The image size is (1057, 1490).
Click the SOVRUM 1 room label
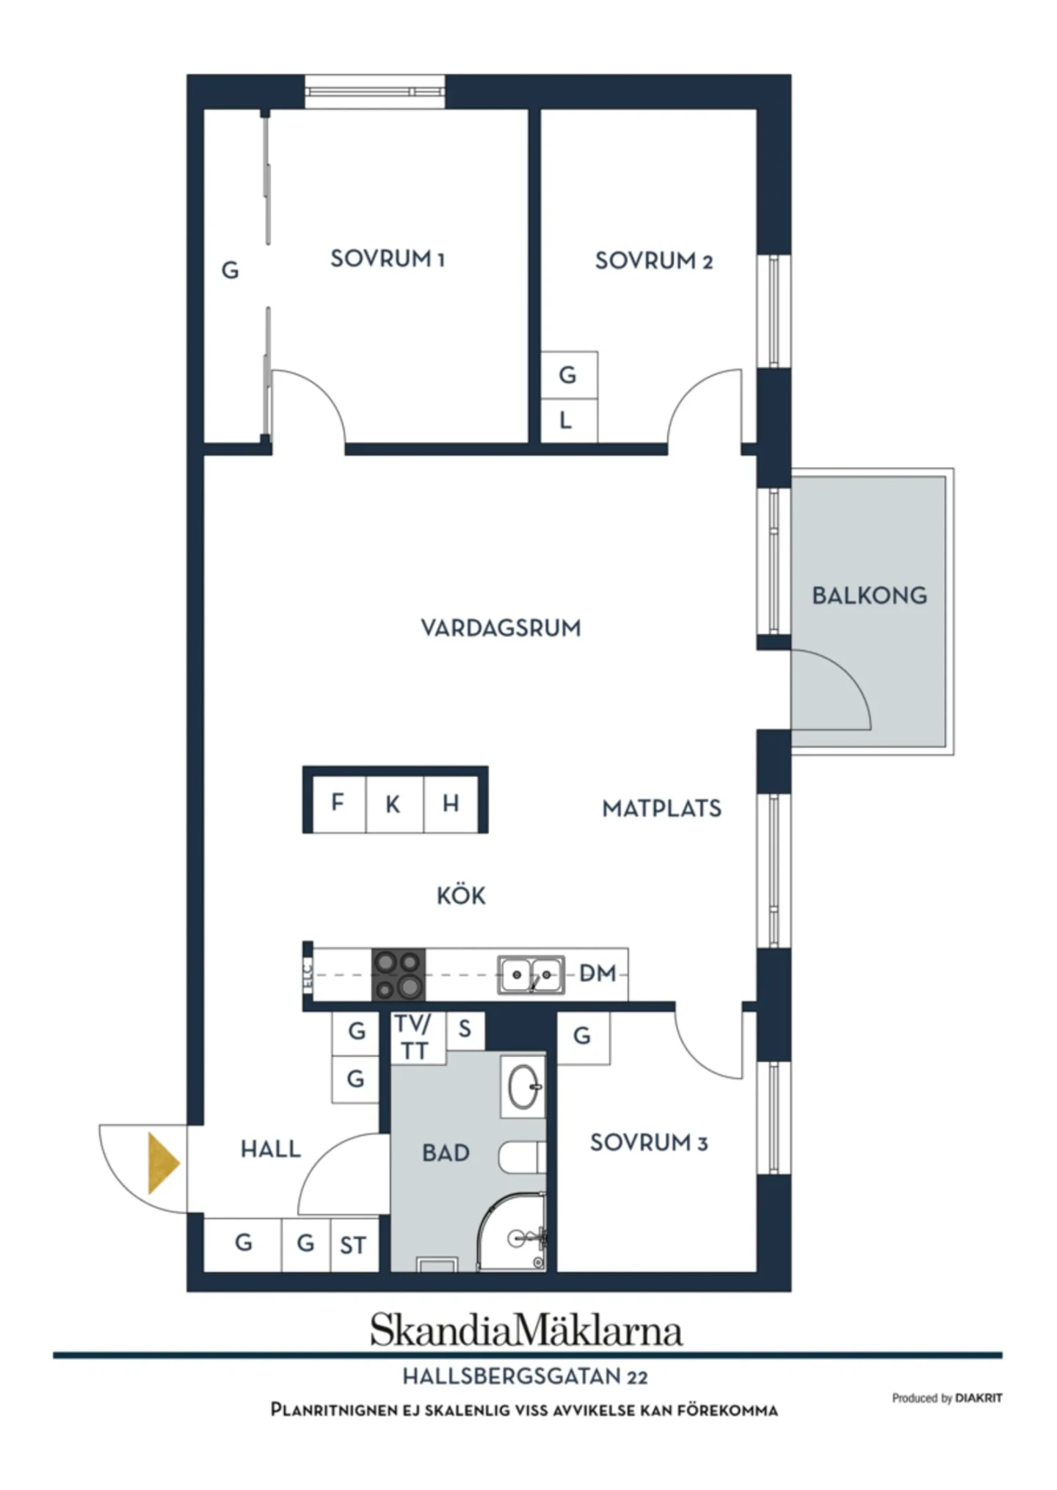[388, 259]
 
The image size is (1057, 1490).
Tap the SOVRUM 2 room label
[653, 261]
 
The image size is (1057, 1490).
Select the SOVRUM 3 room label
[649, 1142]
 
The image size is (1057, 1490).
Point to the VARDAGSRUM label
[501, 628]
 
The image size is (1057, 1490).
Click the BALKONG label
[869, 595]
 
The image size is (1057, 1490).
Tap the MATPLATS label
[661, 808]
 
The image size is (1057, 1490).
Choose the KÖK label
[461, 895]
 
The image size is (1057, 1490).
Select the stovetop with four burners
[399, 975]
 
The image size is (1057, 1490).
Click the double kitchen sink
[531, 975]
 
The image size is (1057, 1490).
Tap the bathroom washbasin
[523, 1086]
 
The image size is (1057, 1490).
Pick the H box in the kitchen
[451, 803]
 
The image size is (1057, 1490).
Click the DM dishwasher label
[597, 973]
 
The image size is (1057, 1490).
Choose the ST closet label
[353, 1246]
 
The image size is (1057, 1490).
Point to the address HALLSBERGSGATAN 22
[526, 1376]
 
